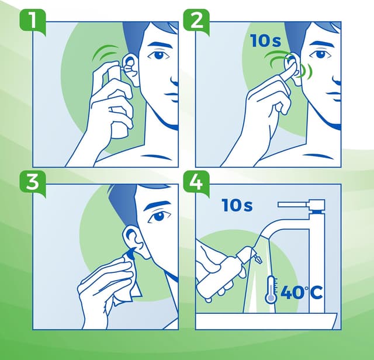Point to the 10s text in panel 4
pyautogui.click(x=237, y=206)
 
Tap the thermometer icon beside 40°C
pyautogui.click(x=270, y=290)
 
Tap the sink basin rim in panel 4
pyautogui.click(x=266, y=320)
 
